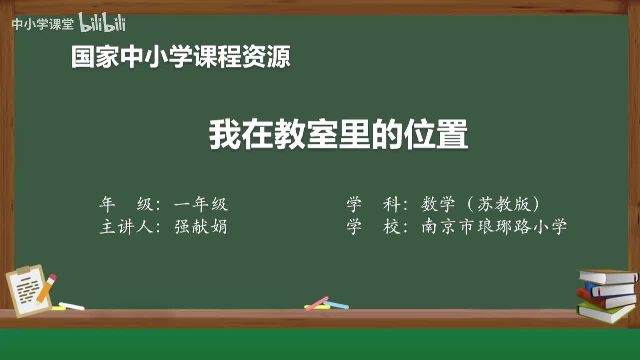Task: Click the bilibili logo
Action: pos(102,23)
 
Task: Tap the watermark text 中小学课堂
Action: pos(42,24)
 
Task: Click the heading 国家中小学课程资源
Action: pos(180,57)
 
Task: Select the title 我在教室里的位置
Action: pos(338,134)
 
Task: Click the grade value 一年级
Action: pos(201,204)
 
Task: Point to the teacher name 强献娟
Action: pos(201,227)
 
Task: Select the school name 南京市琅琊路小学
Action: pos(494,227)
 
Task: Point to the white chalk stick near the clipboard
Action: pos(72,306)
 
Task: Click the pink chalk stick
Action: pos(317,303)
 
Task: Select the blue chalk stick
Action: pos(336,305)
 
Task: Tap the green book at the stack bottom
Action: pos(605,312)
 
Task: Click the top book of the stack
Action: pos(608,276)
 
